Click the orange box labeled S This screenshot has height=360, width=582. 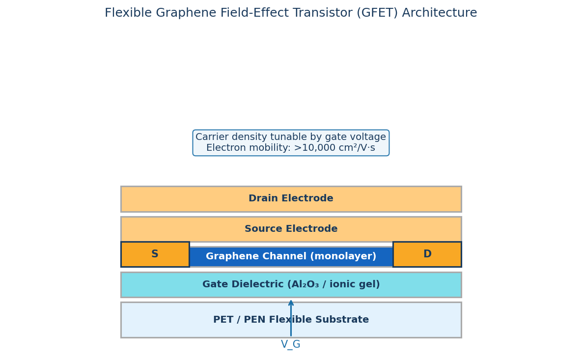coord(155,254)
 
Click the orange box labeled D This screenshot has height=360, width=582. coord(427,254)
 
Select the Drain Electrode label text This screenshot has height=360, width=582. coord(291,199)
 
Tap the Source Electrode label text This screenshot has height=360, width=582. coord(291,229)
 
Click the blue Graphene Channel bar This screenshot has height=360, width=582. coord(291,256)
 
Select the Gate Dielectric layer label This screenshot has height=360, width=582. coord(291,285)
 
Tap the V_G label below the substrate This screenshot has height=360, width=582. coord(291,345)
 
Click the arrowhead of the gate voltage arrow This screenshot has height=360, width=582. coord(291,303)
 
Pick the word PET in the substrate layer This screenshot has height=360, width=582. coord(222,320)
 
